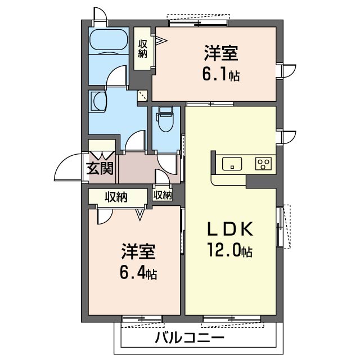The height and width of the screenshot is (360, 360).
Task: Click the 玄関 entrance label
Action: pos(101,167)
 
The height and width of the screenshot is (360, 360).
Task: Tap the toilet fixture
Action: pos(165,119)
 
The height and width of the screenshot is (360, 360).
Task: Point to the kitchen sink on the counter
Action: pos(232,164)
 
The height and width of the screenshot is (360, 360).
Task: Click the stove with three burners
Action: pos(263,164)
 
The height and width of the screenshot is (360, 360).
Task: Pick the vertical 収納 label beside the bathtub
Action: pos(143,48)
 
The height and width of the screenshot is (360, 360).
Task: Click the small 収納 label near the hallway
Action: pos(163,195)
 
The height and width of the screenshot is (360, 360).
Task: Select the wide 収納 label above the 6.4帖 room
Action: pos(116,197)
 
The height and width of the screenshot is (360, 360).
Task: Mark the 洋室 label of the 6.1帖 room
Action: pos(220,55)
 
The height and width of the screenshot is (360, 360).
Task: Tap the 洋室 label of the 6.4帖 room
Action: pos(138,251)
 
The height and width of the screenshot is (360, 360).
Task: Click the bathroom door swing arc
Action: pos(117,76)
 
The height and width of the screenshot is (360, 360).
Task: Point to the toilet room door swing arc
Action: pos(168,164)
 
